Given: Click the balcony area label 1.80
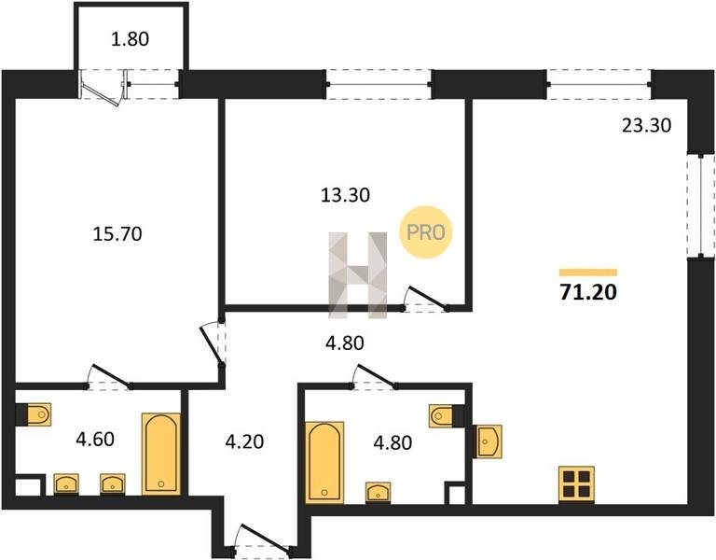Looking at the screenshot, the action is pos(131,39).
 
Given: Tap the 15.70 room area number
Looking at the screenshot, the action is pos(117,234).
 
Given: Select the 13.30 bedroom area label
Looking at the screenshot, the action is pos(345,195).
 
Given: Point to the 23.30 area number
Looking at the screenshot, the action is pos(647,125).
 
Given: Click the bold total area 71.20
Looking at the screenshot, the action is pos(588,292).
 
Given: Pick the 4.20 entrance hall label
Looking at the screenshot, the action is pos(245,442).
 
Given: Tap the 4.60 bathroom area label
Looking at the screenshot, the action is pos(95,440).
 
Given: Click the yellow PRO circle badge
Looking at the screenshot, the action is pos(425,232).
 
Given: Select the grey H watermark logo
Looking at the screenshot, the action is pos(358,275).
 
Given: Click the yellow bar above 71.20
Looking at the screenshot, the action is pos(588,273).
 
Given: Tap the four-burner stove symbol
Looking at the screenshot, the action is pos(576,484).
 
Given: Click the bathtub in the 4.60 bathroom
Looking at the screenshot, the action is pos(160,454).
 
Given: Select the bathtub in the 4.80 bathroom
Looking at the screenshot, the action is pos(324,463).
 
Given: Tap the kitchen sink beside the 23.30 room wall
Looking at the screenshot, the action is pos(488,441).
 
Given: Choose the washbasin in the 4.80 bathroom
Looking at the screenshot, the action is pos(378,493).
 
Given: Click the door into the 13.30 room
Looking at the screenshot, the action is pos(425,299).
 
